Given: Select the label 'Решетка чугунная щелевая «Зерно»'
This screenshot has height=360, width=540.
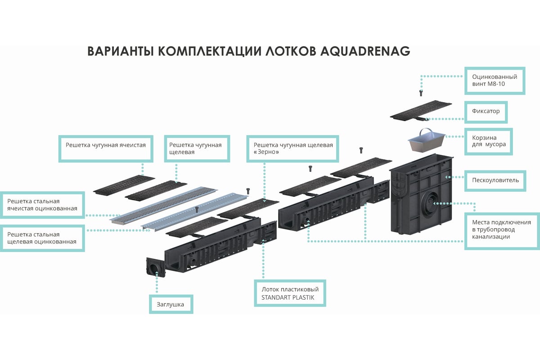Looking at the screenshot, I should point(293,148).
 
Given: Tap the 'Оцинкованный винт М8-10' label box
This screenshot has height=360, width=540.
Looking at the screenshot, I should point(495,81).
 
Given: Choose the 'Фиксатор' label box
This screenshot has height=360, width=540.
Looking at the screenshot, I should point(486,111).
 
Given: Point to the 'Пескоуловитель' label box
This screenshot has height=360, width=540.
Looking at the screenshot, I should point(495,180).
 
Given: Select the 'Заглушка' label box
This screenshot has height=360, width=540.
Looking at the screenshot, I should point(171,304).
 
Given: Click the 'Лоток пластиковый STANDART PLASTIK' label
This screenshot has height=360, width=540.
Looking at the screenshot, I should point(290,293).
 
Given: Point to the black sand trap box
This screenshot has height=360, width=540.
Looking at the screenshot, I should point(423,198).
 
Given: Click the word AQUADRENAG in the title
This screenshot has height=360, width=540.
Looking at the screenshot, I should point(365,51).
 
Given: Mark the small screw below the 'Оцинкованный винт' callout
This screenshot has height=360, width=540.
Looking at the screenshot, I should point(421,93).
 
